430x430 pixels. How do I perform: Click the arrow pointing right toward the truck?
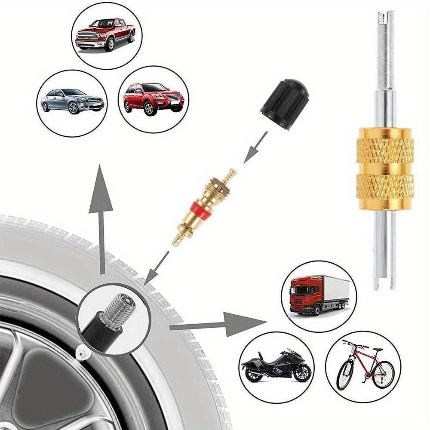click(x=219, y=323)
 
